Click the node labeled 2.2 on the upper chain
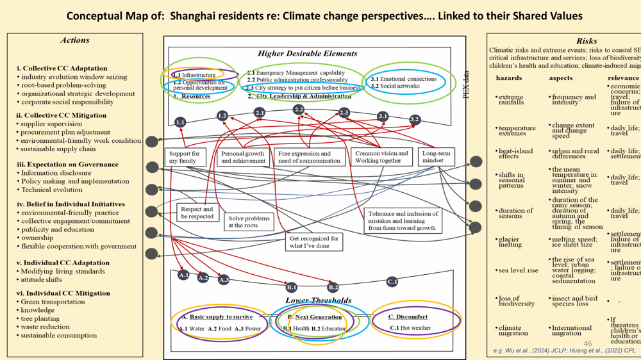299,110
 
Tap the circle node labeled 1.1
180,122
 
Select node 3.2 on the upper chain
415,119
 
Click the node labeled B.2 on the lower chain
333,288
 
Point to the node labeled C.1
392,281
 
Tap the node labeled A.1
183,275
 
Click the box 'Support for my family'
185,157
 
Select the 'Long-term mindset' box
437,157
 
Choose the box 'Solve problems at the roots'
249,222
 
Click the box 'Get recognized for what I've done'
313,241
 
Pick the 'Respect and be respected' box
197,213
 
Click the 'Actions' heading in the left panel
75,40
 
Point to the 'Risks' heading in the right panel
586,41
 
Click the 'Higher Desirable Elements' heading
308,54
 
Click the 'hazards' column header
508,78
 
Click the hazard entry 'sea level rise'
519,270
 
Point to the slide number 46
588,344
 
